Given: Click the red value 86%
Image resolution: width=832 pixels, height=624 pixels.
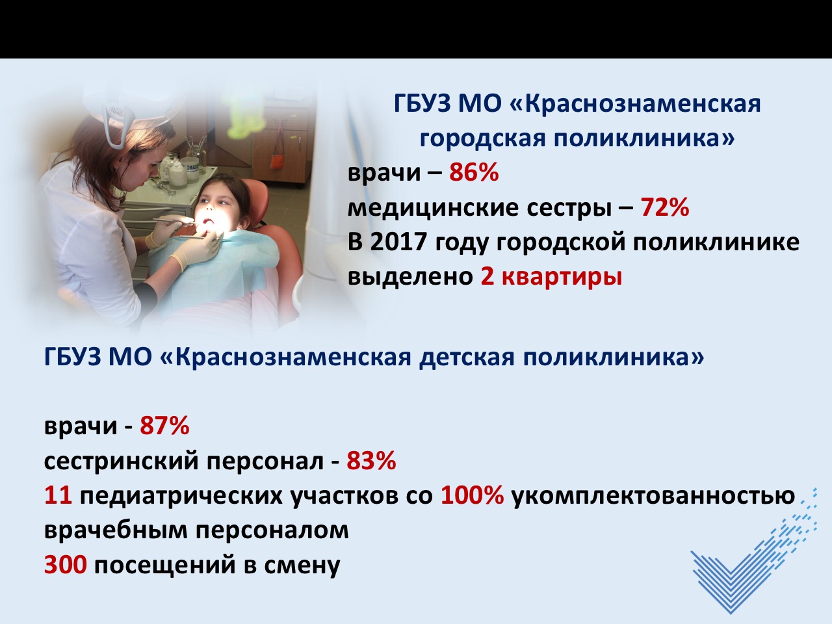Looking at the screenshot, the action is tap(474, 172).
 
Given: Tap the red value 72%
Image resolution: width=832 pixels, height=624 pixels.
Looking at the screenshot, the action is tap(665, 207).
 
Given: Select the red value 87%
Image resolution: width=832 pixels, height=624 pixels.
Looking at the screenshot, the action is tap(164, 426).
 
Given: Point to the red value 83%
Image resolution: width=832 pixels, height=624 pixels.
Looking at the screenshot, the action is tap(371, 461).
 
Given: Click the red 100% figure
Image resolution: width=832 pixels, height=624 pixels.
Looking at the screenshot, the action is tap(473, 495).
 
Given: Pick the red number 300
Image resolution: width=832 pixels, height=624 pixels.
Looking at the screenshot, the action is tap(66, 565).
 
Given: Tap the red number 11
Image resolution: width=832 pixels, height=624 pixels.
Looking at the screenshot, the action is tap(58, 495).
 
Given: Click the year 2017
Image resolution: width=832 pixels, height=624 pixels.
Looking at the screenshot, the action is tap(398, 242).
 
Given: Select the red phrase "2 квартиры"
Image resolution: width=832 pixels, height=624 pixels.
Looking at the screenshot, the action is tap(551, 278).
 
